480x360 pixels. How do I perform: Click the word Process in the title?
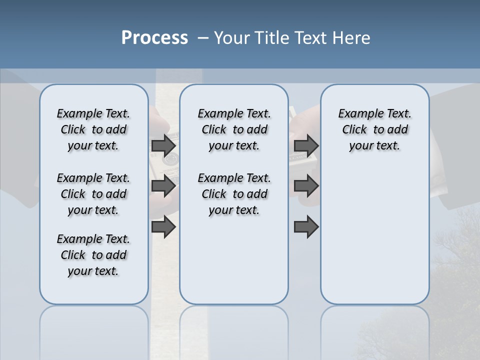(x=154, y=38)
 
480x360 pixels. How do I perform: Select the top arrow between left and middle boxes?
(x=163, y=145)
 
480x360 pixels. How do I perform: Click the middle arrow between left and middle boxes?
(x=163, y=186)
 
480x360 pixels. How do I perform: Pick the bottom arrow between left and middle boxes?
(x=163, y=227)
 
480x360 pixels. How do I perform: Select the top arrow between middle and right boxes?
(x=306, y=145)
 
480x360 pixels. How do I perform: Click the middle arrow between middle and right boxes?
(x=306, y=186)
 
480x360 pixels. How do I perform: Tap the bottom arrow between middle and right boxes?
(x=306, y=227)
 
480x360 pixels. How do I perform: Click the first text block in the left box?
(x=93, y=129)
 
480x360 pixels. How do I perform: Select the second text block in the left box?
(x=93, y=194)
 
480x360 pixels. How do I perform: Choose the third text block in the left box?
(x=93, y=255)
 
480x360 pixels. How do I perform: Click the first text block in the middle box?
(x=234, y=129)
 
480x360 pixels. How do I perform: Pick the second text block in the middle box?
(x=234, y=194)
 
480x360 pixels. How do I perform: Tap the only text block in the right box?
(x=374, y=129)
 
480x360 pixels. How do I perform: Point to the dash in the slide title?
(x=203, y=38)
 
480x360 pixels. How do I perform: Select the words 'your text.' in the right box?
(x=374, y=146)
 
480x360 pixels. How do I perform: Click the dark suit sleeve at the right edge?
(x=457, y=150)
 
